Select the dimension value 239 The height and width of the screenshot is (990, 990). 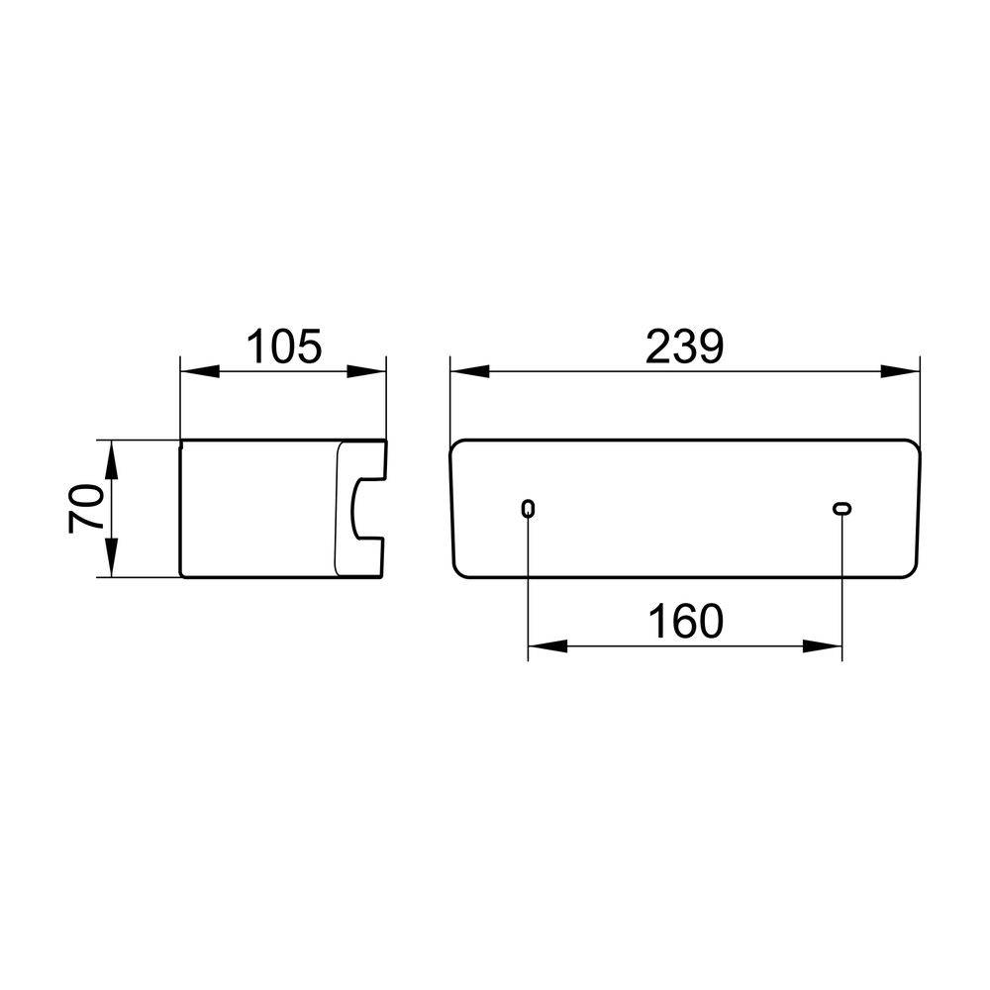684,346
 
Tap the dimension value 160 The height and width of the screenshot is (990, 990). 686,622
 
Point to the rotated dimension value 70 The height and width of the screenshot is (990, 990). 86,508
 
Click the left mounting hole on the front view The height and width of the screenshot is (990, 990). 529,508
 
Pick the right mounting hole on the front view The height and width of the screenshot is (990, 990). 841,508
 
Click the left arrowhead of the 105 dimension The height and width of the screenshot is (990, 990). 200,371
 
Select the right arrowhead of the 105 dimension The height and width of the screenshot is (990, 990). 366,371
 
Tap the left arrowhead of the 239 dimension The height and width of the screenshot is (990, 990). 470,371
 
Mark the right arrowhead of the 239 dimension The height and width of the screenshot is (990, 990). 900,371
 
